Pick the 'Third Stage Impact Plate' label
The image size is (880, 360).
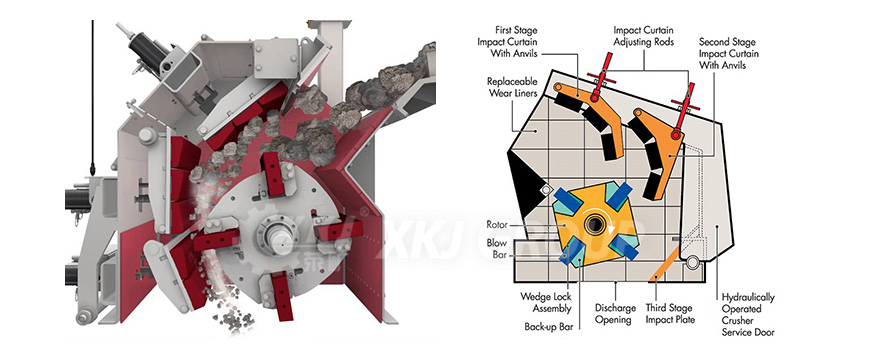[683, 313]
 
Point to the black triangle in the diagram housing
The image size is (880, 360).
[522, 184]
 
